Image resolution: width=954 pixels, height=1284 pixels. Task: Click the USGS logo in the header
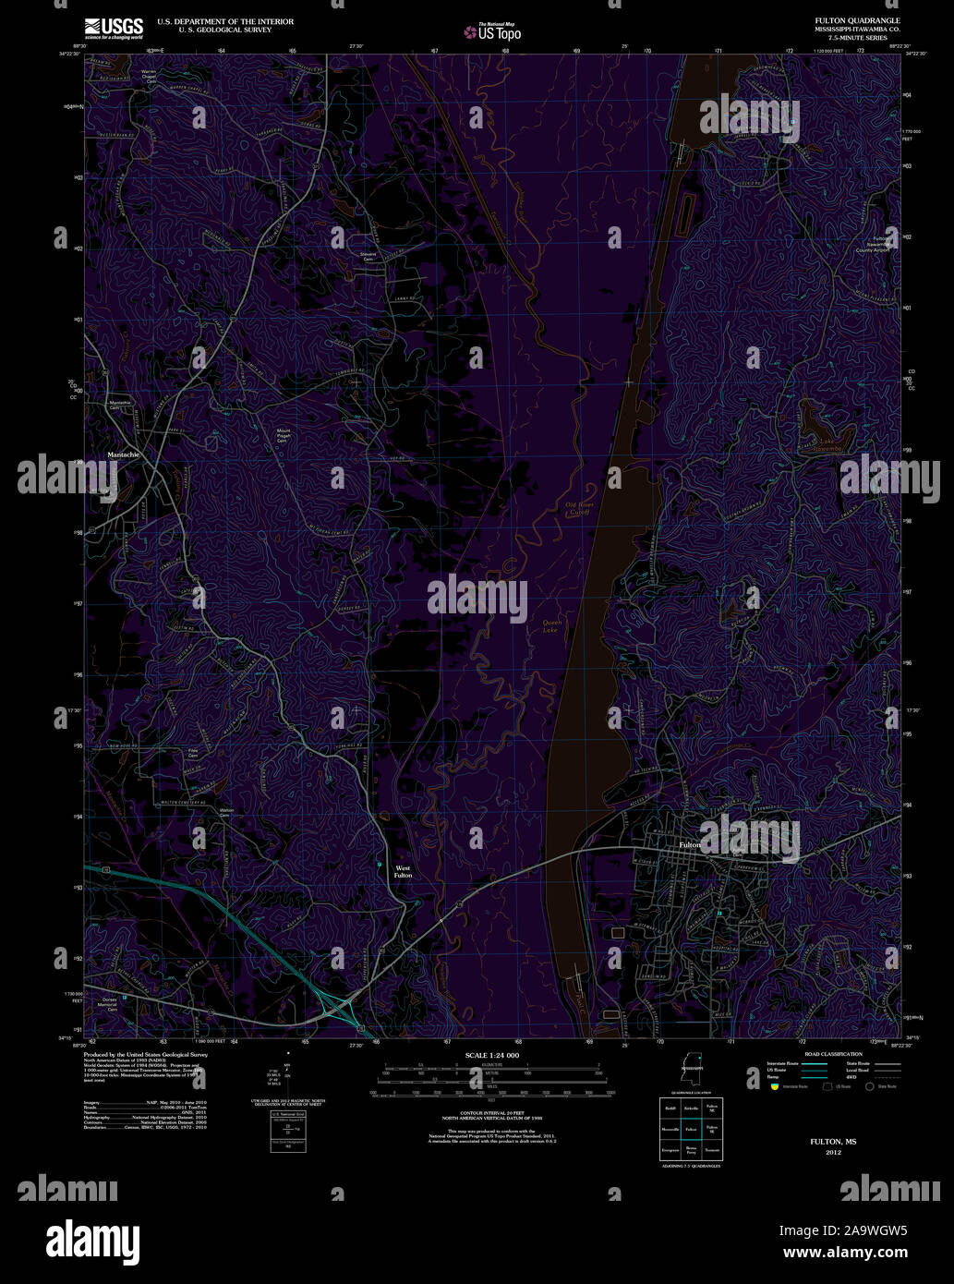(x=114, y=27)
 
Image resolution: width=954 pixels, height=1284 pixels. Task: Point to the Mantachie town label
(x=124, y=454)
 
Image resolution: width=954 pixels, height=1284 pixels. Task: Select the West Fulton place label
(x=404, y=871)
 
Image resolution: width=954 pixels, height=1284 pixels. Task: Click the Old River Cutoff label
(x=577, y=508)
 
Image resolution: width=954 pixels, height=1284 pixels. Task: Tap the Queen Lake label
(x=551, y=626)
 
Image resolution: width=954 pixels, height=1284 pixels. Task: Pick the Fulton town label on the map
(x=689, y=844)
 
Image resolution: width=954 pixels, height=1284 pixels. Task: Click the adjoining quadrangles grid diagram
(x=691, y=1129)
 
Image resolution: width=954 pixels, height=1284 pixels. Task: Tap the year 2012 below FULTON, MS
(x=832, y=1153)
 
